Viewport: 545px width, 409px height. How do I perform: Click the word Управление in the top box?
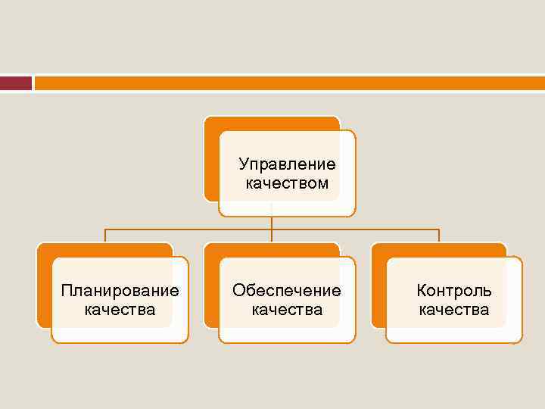click(287, 164)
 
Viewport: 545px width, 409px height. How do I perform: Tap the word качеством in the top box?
click(287, 183)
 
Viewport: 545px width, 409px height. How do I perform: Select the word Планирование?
click(120, 290)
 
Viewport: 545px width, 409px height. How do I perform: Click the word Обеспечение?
click(287, 290)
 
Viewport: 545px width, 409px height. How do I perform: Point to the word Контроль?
click(454, 290)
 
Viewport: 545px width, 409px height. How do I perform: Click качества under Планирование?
click(120, 309)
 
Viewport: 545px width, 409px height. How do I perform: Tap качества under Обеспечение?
click(287, 309)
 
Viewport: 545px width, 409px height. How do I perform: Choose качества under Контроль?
click(454, 309)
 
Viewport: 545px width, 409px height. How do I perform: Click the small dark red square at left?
click(15, 83)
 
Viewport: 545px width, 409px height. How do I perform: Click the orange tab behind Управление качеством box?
click(212, 159)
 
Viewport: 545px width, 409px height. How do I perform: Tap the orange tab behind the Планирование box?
click(44, 288)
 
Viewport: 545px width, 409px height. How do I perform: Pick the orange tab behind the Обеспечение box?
click(211, 288)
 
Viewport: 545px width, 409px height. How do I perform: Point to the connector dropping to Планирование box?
click(104, 236)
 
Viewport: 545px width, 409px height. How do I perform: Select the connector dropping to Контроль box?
click(439, 236)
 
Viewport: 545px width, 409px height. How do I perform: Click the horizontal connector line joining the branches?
click(189, 229)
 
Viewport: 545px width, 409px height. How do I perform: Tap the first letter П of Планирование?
click(67, 290)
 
